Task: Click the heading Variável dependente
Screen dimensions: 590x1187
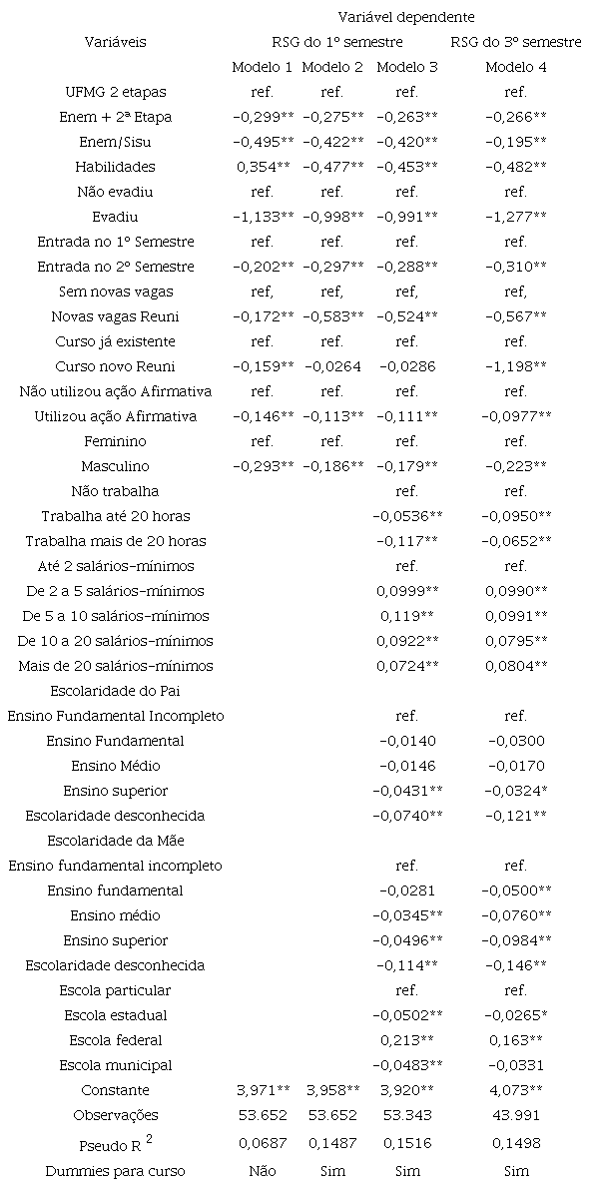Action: click(x=405, y=17)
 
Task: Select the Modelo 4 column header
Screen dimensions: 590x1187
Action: click(x=515, y=67)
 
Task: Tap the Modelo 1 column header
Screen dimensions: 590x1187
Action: click(x=263, y=67)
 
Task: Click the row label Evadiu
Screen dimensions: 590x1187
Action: click(x=116, y=217)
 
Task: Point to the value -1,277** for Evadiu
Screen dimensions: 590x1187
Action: click(x=515, y=217)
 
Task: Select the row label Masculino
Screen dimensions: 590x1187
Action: click(x=116, y=466)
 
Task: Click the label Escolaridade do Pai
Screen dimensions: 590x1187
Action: click(x=116, y=691)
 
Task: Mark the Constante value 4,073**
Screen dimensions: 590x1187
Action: click(x=515, y=1090)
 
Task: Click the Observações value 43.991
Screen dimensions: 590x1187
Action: click(x=515, y=1115)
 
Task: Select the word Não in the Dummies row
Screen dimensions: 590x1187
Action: click(x=263, y=1170)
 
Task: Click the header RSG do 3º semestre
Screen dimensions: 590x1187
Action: click(x=515, y=42)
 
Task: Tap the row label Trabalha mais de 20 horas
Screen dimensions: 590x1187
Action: click(x=116, y=541)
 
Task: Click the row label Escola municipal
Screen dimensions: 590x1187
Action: click(x=116, y=1065)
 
